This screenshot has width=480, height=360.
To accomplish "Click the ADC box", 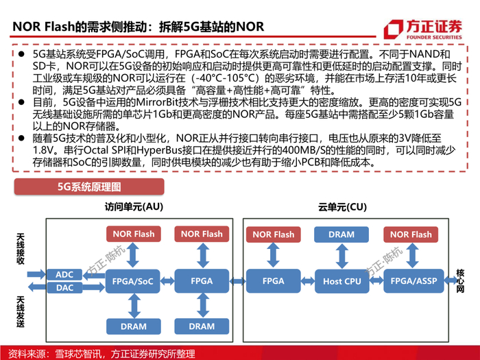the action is click(x=64, y=274).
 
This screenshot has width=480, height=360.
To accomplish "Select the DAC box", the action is click(x=64, y=288).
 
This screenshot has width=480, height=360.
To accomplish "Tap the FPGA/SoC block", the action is click(x=132, y=281).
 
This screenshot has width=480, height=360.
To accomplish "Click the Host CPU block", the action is click(x=342, y=281).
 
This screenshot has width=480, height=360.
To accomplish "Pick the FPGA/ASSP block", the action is click(x=413, y=281).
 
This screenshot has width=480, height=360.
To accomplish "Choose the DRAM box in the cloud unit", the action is click(x=341, y=235).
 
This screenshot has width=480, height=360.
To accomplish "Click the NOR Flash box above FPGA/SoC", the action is click(x=134, y=235).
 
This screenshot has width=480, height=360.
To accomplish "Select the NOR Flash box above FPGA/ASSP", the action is click(x=411, y=235).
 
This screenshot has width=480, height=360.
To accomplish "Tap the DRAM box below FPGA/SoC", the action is click(x=134, y=326).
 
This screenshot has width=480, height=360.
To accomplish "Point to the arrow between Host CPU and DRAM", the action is click(x=341, y=256).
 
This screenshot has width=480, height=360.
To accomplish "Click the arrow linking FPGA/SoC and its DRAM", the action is click(x=134, y=306).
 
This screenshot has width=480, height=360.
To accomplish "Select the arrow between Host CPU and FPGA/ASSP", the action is click(x=376, y=280).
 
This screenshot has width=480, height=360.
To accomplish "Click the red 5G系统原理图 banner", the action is click(x=89, y=187).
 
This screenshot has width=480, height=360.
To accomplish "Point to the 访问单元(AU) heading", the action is click(x=134, y=207).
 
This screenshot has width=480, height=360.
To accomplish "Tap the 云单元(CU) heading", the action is click(x=342, y=207).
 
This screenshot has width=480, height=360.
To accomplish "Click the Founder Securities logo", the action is click(x=423, y=29).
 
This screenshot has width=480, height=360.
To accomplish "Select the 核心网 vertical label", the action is click(x=460, y=281).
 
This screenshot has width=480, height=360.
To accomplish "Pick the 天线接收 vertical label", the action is click(x=20, y=249).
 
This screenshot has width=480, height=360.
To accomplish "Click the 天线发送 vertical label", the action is click(x=20, y=311).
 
